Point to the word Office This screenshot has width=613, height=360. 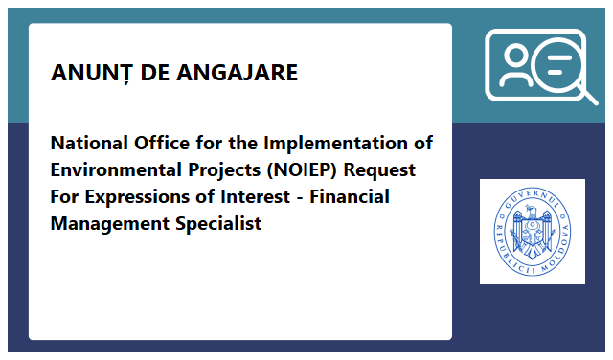pos(164,144)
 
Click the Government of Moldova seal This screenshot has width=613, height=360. pos(532,232)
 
